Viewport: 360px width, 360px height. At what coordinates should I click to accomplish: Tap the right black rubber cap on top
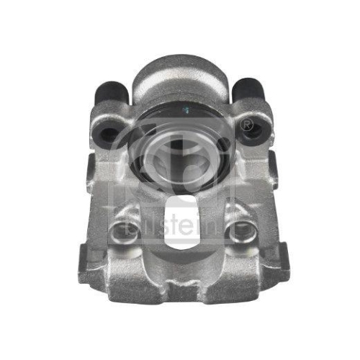point(247,89)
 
